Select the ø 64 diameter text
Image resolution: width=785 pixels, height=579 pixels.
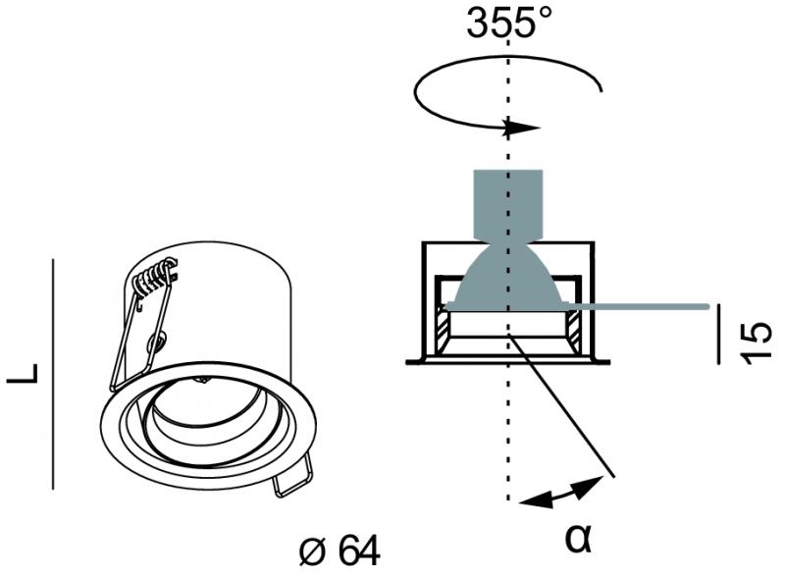coord(338,552)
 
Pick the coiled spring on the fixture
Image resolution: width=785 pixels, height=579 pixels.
coord(154,279)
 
